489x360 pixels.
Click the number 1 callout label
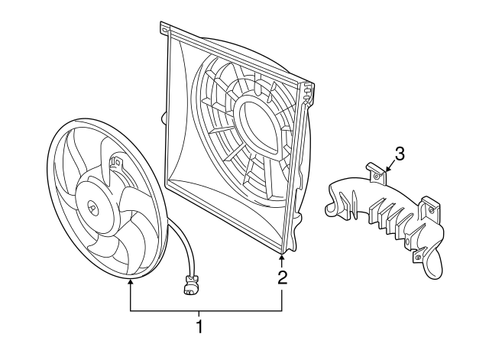[x=199, y=328]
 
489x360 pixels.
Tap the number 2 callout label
[x=282, y=277]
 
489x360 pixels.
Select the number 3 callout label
[x=400, y=153]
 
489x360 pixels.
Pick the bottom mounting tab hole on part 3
[x=417, y=257]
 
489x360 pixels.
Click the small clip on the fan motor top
[x=116, y=164]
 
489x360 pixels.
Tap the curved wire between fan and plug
[x=184, y=245]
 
